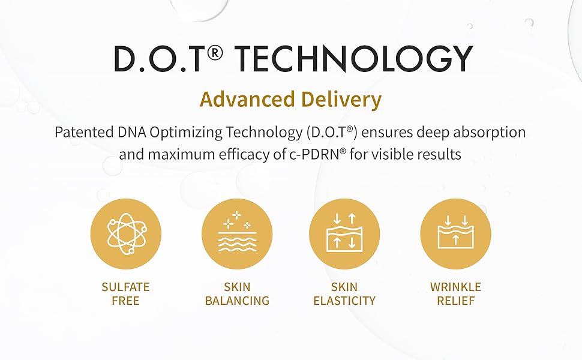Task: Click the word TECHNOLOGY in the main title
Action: pos(354,58)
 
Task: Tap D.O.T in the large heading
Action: pos(160,58)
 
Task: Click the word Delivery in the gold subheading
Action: pos(341,100)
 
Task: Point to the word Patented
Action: pos(84,132)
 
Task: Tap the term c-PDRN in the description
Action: pos(314,154)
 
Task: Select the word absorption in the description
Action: pos(490,133)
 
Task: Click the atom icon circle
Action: pos(126,234)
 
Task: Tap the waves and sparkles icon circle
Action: pos(237,234)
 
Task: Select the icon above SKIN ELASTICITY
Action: pos(344,234)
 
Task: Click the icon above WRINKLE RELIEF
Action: pos(456,234)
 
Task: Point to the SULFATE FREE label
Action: pos(125,293)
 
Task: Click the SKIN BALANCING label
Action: pos(237,293)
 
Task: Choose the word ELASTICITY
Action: pos(344,301)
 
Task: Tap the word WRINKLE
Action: pos(456,287)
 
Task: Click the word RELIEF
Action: pos(456,301)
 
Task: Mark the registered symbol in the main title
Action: pos(215,53)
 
